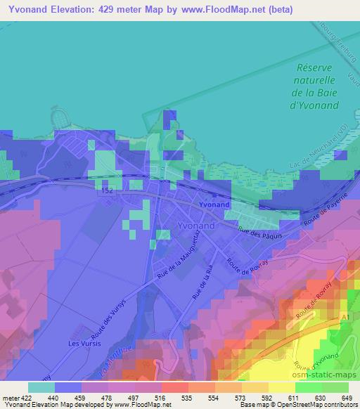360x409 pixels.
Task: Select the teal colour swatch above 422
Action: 41,387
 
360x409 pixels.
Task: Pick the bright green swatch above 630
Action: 308,387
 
